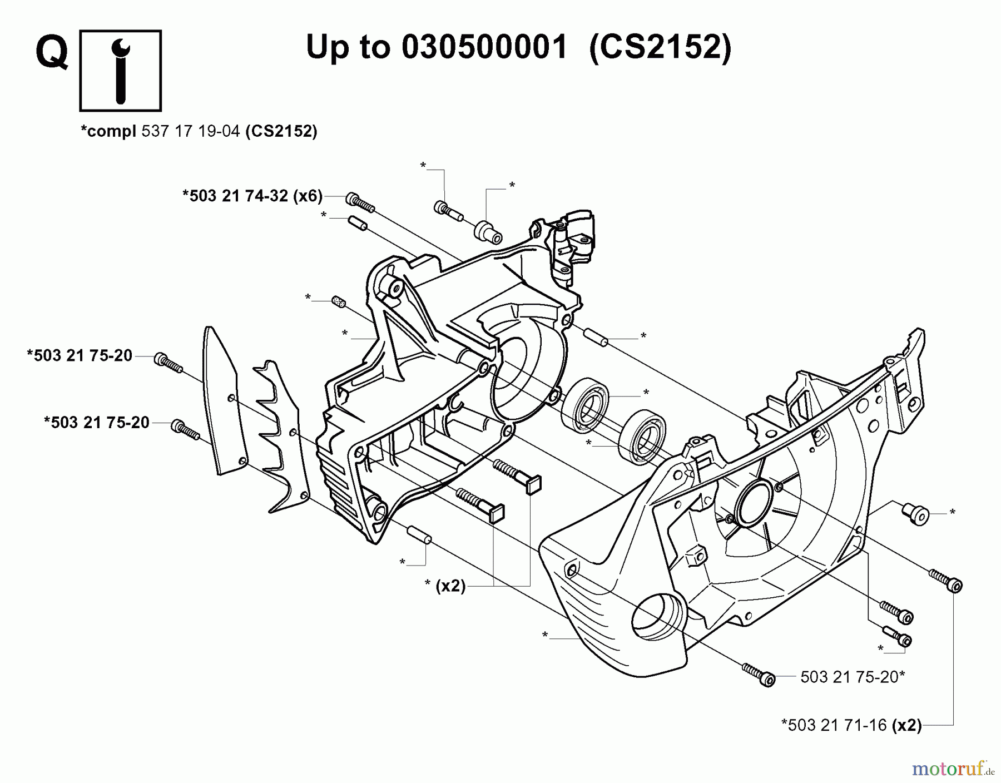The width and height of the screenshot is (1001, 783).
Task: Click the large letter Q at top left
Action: click(52, 53)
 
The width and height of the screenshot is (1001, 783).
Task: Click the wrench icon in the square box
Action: click(120, 71)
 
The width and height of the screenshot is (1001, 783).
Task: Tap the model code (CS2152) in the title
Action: click(660, 47)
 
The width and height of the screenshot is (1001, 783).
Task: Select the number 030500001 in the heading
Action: click(483, 47)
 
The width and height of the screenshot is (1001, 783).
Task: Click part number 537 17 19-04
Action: click(191, 132)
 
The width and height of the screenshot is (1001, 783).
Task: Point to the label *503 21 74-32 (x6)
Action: click(252, 196)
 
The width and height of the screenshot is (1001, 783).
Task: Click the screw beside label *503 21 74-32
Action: click(360, 203)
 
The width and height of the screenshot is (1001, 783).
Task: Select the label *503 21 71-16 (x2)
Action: click(851, 725)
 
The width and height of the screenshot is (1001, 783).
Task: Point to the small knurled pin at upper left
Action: click(338, 301)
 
